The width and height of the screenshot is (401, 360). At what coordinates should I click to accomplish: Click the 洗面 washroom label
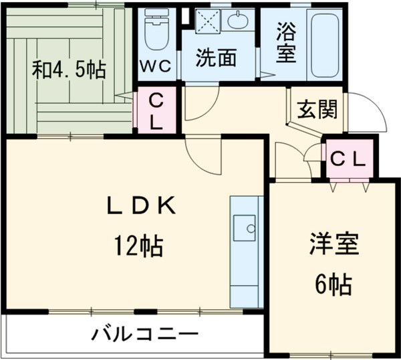point(215,59)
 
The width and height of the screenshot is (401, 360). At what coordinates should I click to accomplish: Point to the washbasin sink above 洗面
point(238,22)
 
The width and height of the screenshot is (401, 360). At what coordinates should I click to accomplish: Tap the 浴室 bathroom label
point(285,42)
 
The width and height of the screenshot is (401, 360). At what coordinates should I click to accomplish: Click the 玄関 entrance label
point(318,107)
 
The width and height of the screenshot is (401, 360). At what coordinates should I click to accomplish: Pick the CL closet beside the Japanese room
point(156,111)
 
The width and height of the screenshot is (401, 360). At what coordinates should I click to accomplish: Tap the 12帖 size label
point(138,248)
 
